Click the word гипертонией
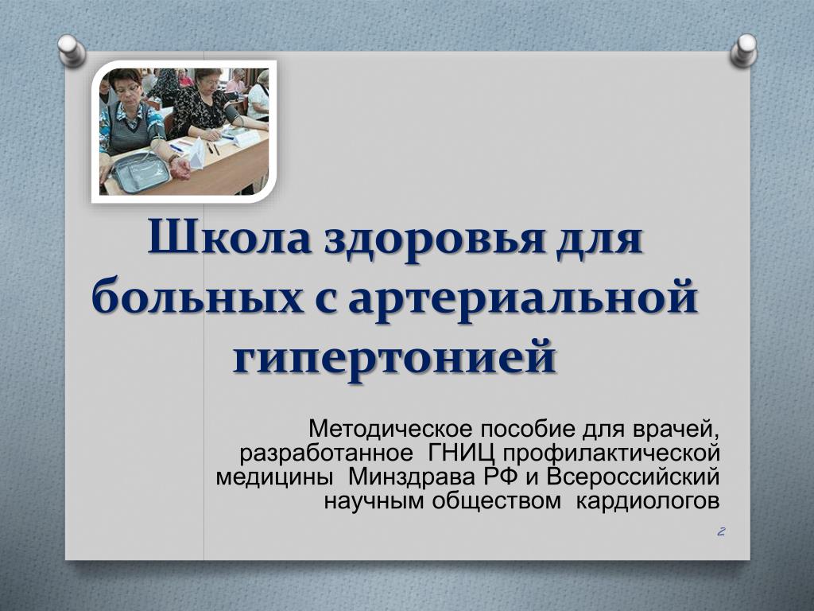394,358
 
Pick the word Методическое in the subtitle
391,430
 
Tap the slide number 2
720,532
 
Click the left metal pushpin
72,50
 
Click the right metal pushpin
744,50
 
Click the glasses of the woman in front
128,89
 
